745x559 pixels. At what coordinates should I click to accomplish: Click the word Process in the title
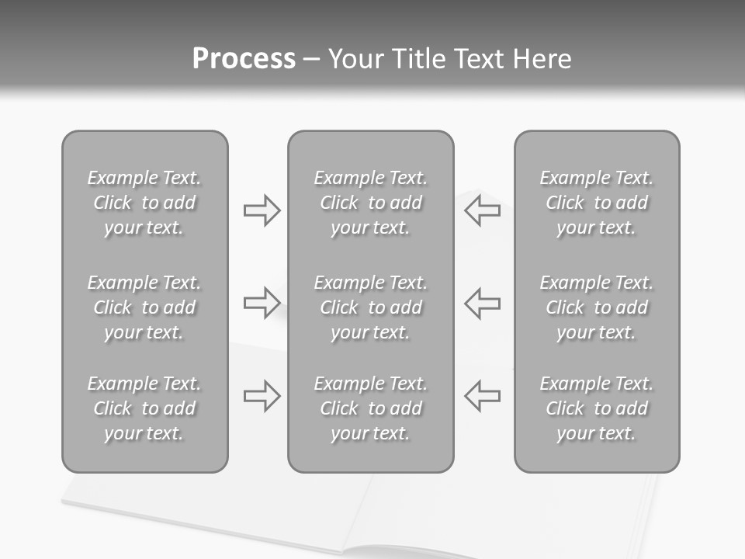pyautogui.click(x=244, y=59)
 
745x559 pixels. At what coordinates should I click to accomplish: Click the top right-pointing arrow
pyautogui.click(x=262, y=210)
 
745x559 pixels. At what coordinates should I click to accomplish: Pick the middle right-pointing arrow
pyautogui.click(x=262, y=303)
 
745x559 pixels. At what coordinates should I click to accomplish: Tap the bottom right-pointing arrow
pyautogui.click(x=262, y=396)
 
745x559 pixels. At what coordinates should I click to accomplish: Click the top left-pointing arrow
pyautogui.click(x=482, y=210)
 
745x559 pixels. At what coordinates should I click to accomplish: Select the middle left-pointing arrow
pyautogui.click(x=482, y=303)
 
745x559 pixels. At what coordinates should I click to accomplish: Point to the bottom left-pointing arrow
pyautogui.click(x=482, y=396)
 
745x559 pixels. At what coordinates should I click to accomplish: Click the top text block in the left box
pyautogui.click(x=144, y=203)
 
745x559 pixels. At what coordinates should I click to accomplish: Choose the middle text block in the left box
pyautogui.click(x=144, y=307)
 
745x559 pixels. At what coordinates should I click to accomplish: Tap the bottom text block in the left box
pyautogui.click(x=144, y=408)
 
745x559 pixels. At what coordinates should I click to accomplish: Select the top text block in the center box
pyautogui.click(x=370, y=203)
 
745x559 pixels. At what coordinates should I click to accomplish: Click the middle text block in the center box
pyautogui.click(x=370, y=307)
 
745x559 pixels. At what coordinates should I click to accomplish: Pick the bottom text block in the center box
pyautogui.click(x=370, y=408)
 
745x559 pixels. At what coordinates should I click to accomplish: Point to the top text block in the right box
pyautogui.click(x=596, y=203)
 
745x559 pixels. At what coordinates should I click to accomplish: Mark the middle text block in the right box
pyautogui.click(x=596, y=307)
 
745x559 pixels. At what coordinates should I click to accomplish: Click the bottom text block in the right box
pyautogui.click(x=596, y=408)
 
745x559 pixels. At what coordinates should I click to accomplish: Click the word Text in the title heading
pyautogui.click(x=481, y=59)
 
